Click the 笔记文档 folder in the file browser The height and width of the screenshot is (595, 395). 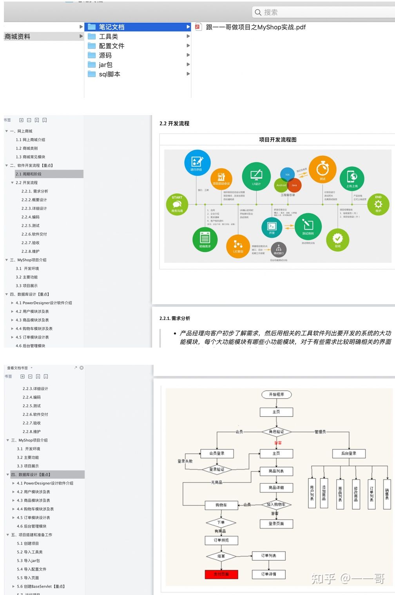point(112,27)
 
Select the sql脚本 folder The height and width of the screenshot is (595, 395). point(109,74)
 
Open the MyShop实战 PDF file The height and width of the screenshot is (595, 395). point(255,27)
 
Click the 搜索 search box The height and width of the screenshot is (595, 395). point(321,12)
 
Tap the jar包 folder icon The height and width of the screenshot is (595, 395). point(92,65)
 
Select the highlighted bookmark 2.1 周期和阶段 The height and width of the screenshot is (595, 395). point(29,174)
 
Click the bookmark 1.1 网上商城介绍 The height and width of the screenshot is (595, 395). point(31,140)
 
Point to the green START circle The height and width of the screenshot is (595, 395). point(177,204)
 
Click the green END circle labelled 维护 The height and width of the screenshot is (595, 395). point(378,204)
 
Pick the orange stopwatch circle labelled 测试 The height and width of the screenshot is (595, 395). point(323,169)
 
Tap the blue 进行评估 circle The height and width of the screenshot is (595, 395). point(197,162)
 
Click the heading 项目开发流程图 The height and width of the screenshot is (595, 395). point(277,139)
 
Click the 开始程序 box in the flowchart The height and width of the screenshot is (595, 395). point(276,394)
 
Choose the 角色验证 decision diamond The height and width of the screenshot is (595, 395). point(277,432)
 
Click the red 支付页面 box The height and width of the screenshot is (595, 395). point(221,574)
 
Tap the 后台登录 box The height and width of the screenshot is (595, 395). point(348,453)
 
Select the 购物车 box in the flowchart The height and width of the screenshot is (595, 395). point(221,505)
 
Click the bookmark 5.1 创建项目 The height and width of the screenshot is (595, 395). point(28,543)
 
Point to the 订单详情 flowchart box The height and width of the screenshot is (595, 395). point(268,574)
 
